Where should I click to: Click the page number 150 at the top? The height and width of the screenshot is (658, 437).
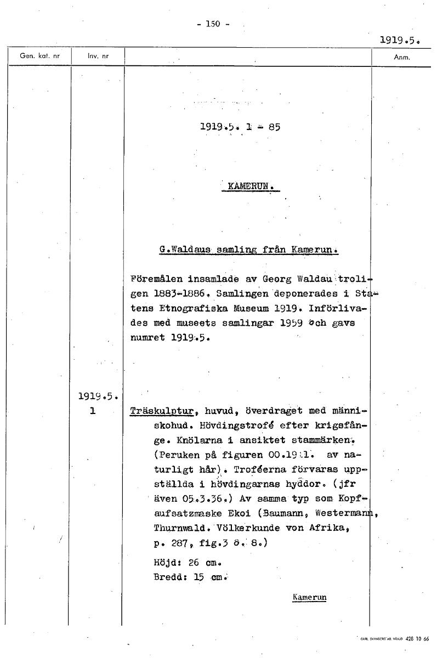pos(212,23)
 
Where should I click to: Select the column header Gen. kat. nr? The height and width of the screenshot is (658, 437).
pos(40,56)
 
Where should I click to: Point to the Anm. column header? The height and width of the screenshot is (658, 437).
pos(402,56)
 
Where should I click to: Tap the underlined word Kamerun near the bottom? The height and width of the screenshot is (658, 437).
pos(310,597)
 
